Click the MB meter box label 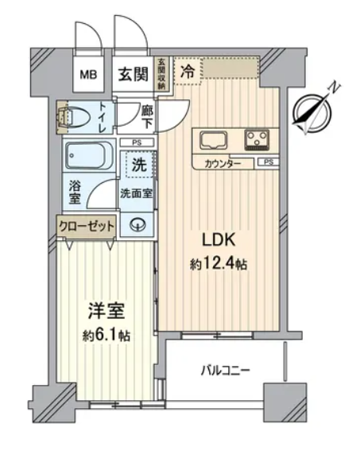click(89, 75)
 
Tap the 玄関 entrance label click(133, 74)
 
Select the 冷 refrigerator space click(188, 72)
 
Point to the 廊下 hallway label click(147, 117)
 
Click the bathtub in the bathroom click(89, 156)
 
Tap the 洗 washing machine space click(139, 165)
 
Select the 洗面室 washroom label click(137, 193)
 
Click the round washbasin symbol click(138, 225)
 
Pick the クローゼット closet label click(87, 226)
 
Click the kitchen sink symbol click(214, 140)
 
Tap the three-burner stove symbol click(257, 140)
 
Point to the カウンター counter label click(223, 164)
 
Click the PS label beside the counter click(269, 161)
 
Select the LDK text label click(219, 240)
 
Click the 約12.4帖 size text click(219, 265)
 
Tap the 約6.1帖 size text click(106, 336)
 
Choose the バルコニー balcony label click(226, 371)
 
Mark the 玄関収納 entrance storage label click(161, 73)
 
